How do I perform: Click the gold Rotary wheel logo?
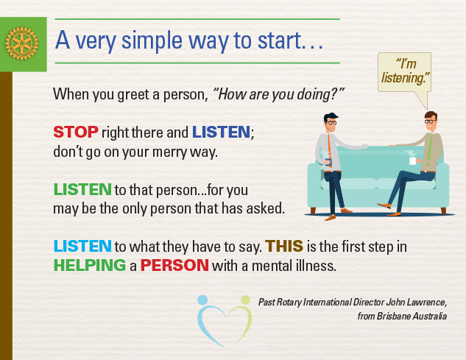coord(21,43)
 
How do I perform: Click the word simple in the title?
coord(152,41)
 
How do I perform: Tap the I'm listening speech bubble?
coord(404,73)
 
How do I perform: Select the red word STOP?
coord(76,132)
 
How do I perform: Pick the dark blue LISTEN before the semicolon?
coord(221,132)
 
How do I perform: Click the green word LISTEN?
coord(82,189)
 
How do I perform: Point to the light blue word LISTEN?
coord(82,246)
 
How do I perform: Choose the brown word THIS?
coord(284,246)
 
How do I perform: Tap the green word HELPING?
coord(90,265)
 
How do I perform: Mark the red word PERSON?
coord(174,265)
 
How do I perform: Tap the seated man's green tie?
coord(429,149)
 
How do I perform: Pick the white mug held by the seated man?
coord(413,160)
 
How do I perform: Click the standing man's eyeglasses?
coord(331,122)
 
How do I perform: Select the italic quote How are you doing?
coord(279,94)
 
